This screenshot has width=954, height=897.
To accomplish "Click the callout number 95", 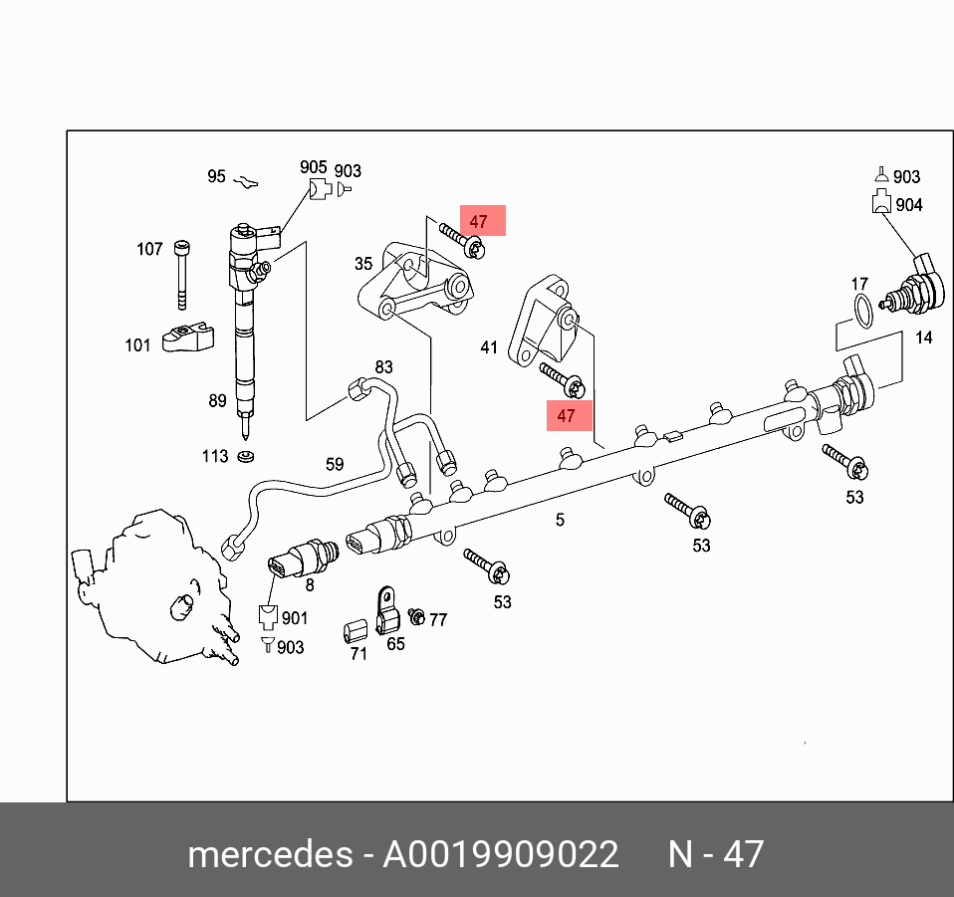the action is coord(216,176).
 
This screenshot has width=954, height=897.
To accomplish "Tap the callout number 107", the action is coord(149,249).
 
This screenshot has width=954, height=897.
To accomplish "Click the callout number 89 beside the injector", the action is coord(217,401).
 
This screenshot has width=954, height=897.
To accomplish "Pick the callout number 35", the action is coord(363,264).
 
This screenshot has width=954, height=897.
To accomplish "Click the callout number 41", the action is coord(489,347).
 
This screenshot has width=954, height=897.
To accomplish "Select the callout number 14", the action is coord(924,337).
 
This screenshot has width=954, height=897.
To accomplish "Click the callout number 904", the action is coord(908,204).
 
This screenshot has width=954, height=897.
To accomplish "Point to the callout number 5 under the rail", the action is coord(560,519).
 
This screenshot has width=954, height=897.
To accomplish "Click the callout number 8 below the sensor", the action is coord(310,584).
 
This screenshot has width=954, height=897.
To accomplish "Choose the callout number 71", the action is coord(358,654).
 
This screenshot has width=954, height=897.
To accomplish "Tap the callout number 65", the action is coord(395,644).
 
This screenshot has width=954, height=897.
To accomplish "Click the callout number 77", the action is coord(437,619).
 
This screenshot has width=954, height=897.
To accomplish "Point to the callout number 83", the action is coord(383,367).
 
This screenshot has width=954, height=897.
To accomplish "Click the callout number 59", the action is coord(335,464).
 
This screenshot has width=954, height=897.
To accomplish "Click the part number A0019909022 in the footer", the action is coord(501,854).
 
